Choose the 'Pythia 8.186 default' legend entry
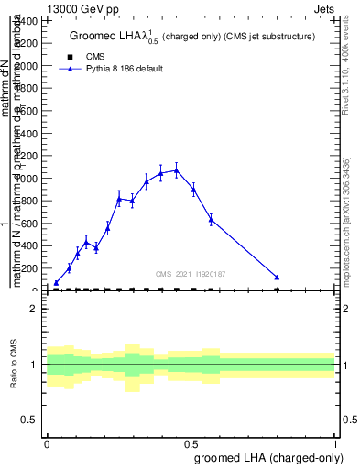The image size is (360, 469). tap(115, 69)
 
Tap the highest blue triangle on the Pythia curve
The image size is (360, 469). tap(177, 169)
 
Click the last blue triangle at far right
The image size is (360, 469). tap(277, 277)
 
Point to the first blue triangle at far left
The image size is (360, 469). tap(57, 283)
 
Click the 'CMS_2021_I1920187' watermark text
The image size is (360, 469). tap(191, 274)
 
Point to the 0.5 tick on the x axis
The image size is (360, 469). tap(191, 442)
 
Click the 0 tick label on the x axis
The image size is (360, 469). tap(47, 442)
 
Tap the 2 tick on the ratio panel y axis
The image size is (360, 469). tap(34, 309)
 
